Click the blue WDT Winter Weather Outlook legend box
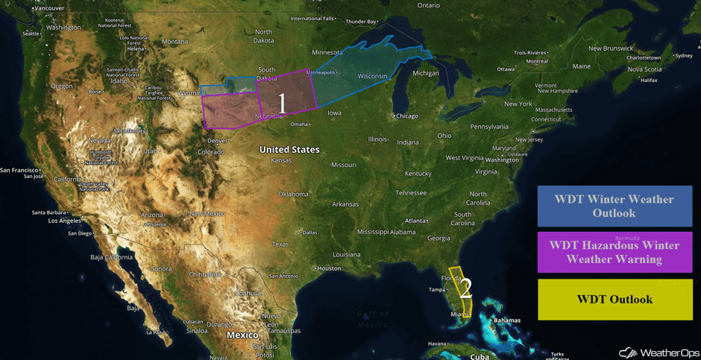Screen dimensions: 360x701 (x=614, y=206)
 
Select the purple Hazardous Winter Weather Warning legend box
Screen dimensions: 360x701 (x=614, y=253)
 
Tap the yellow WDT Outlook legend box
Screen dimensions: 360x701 (x=614, y=300)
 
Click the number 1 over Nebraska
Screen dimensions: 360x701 (x=282, y=104)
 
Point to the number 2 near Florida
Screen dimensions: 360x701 (x=466, y=286)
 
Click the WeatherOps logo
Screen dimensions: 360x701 (x=656, y=352)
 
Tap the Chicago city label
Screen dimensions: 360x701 (x=407, y=116)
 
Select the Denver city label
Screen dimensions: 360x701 (x=218, y=141)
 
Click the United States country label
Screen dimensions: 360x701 (x=289, y=150)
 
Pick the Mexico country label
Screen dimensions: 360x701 (x=242, y=335)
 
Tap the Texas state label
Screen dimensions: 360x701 (x=280, y=244)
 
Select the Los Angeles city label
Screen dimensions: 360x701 (x=64, y=221)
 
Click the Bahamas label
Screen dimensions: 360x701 (x=507, y=320)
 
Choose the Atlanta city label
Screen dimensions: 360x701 (x=415, y=221)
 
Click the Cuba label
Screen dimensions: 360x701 (x=480, y=357)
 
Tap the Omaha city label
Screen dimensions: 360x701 (x=299, y=124)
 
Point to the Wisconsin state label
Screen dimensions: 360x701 (x=372, y=77)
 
